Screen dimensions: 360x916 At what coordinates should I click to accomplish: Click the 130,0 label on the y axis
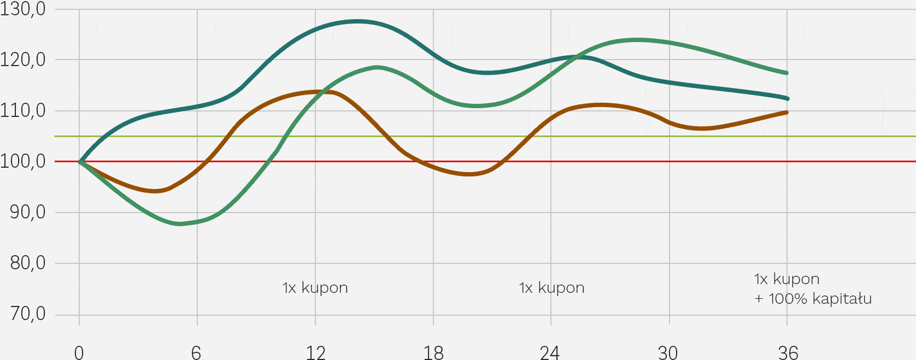[23, 9]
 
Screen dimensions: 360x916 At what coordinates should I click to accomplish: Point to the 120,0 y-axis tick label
[23, 60]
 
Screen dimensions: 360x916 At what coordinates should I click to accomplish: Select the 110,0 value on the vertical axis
[23, 111]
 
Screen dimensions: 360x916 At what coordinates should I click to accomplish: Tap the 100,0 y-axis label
[23, 162]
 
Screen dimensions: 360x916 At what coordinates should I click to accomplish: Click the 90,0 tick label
[28, 213]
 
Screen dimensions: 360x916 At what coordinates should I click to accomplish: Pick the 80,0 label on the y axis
[28, 263]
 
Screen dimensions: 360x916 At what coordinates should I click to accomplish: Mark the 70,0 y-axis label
[28, 314]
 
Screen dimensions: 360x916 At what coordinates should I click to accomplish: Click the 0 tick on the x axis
[79, 352]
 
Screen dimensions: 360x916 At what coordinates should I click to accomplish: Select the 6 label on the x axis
[196, 352]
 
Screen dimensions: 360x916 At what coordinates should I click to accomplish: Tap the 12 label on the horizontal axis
[315, 352]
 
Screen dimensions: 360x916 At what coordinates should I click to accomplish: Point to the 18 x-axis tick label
[433, 352]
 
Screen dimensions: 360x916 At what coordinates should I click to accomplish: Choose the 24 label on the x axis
[550, 352]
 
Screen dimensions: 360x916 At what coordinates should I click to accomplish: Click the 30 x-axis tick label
[668, 352]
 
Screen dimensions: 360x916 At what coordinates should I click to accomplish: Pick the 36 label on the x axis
[788, 352]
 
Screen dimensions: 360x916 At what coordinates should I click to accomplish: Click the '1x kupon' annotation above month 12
[315, 288]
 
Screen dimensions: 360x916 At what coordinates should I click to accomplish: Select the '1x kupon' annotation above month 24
[552, 288]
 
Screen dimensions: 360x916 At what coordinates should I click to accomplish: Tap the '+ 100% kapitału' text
[813, 299]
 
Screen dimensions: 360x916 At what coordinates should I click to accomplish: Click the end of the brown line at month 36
[786, 113]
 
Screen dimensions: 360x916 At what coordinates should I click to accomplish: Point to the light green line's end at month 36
[786, 73]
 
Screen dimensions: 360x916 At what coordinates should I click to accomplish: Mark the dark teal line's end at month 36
[787, 98]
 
